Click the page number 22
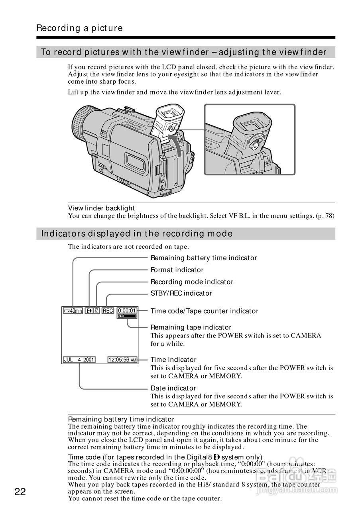pos(20,492)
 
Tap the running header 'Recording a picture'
pos(79,28)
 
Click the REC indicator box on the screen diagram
pos(108,311)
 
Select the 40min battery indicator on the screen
pos(73,311)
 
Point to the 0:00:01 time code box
pos(127,310)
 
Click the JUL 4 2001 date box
pos(79,360)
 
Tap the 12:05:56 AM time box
pos(122,360)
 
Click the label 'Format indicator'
pos(177,270)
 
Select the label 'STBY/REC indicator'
pos(181,293)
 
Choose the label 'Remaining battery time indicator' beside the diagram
pos(203,258)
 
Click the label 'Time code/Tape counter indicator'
pos(204,311)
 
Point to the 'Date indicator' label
pos(173,388)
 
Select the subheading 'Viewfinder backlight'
pos(101,208)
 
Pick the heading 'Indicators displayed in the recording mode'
pos(137,233)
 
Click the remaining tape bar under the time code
pos(127,316)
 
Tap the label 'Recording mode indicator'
pos(192,282)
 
